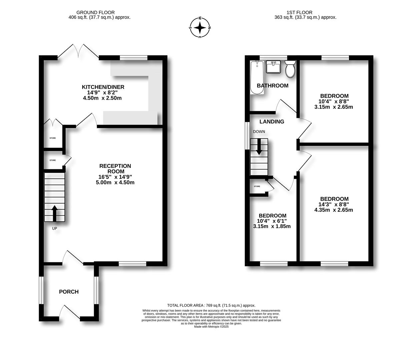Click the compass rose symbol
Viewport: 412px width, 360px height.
pyautogui.click(x=200, y=28)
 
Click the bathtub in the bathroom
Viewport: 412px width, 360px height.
pyautogui.click(x=257, y=77)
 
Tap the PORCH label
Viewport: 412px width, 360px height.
pyautogui.click(x=69, y=292)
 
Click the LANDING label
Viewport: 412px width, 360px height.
pyautogui.click(x=272, y=122)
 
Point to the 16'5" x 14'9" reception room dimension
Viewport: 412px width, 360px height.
pyautogui.click(x=115, y=177)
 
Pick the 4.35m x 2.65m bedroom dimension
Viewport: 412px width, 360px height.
pyautogui.click(x=333, y=210)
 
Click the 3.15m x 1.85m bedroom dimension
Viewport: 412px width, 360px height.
pyautogui.click(x=272, y=226)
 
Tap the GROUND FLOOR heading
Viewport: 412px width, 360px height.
pyautogui.click(x=95, y=12)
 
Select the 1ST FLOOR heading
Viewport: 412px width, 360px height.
pyautogui.click(x=299, y=12)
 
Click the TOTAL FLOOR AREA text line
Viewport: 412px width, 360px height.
pyautogui.click(x=211, y=305)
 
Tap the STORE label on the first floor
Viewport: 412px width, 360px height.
pyautogui.click(x=257, y=186)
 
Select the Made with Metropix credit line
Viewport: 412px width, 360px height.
pyautogui.click(x=211, y=327)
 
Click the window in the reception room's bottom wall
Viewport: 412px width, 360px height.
pyautogui.click(x=132, y=264)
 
